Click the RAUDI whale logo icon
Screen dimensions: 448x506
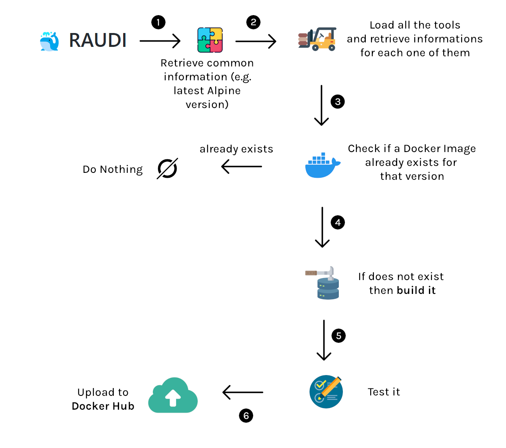click(x=49, y=41)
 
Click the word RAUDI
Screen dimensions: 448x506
click(x=98, y=40)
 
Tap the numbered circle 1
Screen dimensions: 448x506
click(x=158, y=22)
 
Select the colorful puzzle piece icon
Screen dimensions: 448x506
click(x=210, y=40)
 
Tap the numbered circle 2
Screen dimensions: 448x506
click(x=253, y=22)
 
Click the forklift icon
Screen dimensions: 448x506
click(x=317, y=39)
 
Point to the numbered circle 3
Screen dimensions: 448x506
click(x=338, y=102)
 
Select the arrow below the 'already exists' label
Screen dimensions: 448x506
click(x=241, y=166)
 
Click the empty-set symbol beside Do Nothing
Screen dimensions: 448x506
click(x=167, y=168)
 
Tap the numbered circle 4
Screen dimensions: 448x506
click(x=338, y=223)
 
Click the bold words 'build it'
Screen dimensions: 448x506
click(x=416, y=290)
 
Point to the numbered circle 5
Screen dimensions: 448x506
click(x=338, y=336)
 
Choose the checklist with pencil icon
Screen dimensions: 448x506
click(x=326, y=392)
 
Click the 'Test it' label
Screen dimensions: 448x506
click(x=384, y=392)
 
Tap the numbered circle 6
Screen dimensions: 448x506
click(x=246, y=416)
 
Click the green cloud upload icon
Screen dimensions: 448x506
click(x=173, y=395)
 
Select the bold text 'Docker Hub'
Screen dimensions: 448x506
click(x=103, y=406)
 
